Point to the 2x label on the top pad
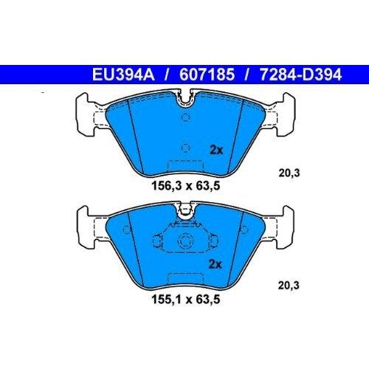point(215,150)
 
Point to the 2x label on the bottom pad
point(215,263)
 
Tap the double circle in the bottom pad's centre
point(184,242)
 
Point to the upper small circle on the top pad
point(185,117)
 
